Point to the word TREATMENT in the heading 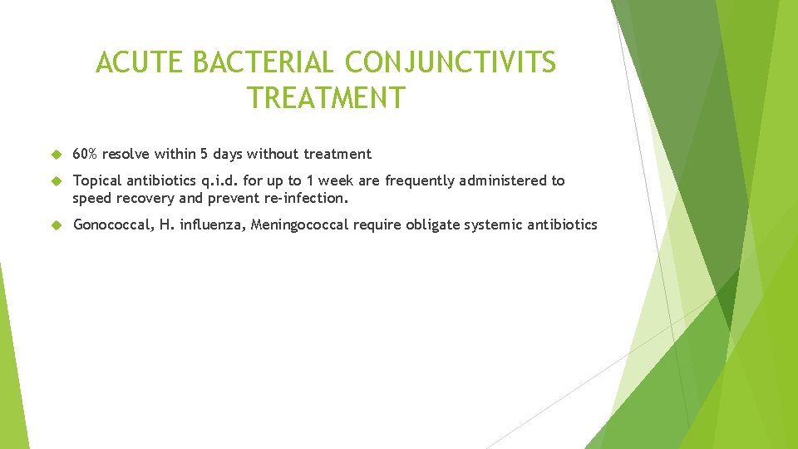[326, 98]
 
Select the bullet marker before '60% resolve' [57, 154]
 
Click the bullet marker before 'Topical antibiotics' [57, 180]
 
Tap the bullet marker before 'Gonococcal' [57, 224]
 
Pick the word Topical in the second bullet [97, 180]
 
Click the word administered [508, 180]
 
